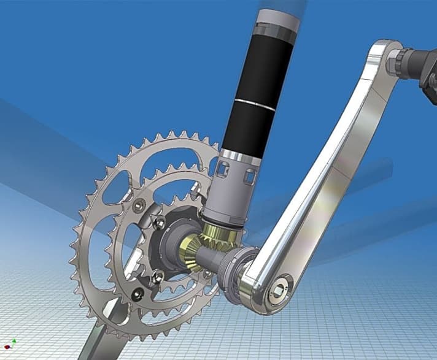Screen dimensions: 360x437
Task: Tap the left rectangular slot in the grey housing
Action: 223,170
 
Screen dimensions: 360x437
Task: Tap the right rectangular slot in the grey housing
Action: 249,177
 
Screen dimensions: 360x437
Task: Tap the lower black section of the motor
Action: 242,132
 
